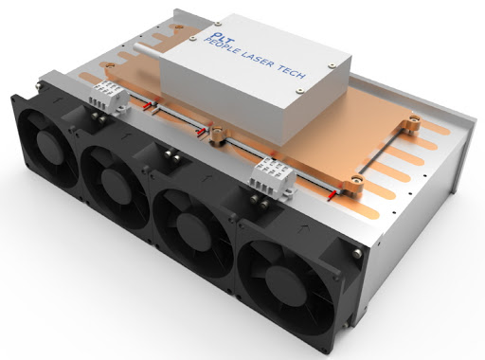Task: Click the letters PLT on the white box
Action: pos(214,35)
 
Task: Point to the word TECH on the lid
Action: pos(292,72)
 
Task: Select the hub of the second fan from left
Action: pos(116,182)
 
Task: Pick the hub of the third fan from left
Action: pos(193,229)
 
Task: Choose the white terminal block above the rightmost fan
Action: pos(272,177)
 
